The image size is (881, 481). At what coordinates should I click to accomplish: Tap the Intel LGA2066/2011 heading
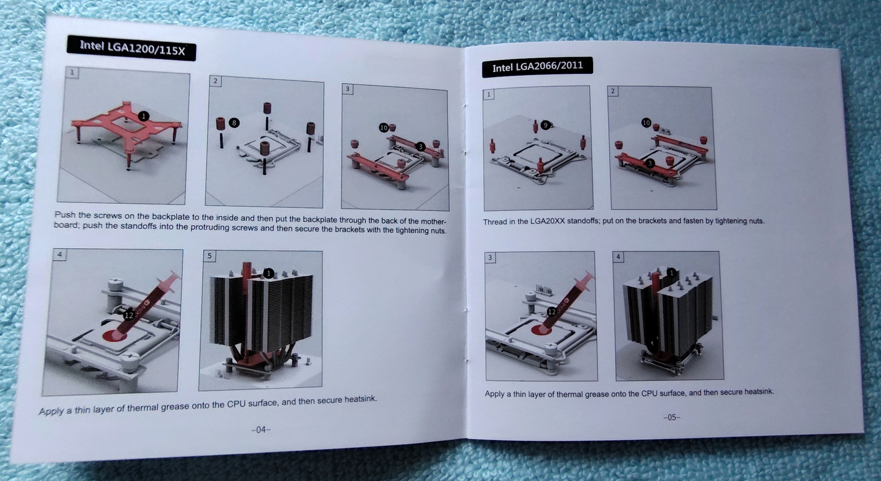tap(537, 67)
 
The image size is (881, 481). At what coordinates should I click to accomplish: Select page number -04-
tap(261, 429)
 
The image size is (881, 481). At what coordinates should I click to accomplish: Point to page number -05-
tap(671, 417)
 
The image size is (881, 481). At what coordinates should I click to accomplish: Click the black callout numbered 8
tap(234, 123)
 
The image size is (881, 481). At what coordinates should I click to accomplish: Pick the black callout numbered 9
tap(545, 125)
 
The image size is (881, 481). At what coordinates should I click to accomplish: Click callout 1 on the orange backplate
tap(144, 116)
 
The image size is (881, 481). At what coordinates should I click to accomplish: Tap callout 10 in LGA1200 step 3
tap(383, 127)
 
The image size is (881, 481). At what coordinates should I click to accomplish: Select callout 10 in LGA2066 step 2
tap(646, 123)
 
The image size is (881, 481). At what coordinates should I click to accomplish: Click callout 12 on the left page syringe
tap(129, 315)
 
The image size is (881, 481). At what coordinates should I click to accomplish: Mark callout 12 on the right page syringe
tap(552, 311)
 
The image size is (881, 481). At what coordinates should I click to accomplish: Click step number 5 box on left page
tap(209, 256)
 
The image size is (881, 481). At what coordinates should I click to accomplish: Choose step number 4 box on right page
tap(618, 257)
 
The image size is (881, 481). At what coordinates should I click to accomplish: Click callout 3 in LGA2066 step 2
tap(650, 163)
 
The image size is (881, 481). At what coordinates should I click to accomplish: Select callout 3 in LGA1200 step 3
tap(421, 146)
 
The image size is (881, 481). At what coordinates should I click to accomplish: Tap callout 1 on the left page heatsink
tap(268, 273)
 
